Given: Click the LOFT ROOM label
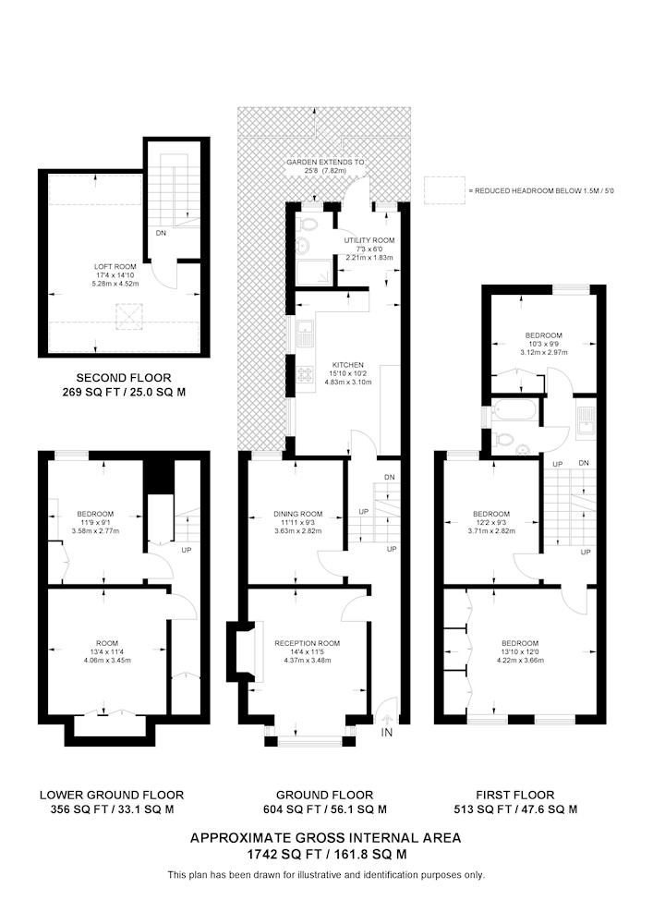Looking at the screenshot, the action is click(x=115, y=267).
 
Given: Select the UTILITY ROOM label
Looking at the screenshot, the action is click(x=369, y=240).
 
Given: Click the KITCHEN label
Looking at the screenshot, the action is click(x=348, y=365).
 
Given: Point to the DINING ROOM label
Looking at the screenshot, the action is click(x=298, y=514).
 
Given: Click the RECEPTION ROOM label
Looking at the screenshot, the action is click(x=308, y=643).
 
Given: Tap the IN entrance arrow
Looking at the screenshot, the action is click(x=387, y=720).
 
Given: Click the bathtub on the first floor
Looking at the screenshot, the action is click(x=514, y=410).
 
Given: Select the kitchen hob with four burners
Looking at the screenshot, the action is click(x=307, y=374).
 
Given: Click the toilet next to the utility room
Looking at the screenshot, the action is click(x=308, y=225).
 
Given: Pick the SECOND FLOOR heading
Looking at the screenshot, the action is click(x=124, y=378).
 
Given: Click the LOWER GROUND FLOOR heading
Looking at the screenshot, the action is click(x=112, y=795).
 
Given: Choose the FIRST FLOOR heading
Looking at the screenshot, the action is click(x=515, y=795).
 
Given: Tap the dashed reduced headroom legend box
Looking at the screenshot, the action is click(x=444, y=190).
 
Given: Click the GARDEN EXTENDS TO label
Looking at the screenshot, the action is click(x=325, y=162).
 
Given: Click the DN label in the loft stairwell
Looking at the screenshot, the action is click(x=161, y=234).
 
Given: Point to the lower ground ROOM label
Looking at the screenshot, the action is click(x=107, y=643).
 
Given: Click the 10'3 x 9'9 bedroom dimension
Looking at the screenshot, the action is click(x=544, y=344).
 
